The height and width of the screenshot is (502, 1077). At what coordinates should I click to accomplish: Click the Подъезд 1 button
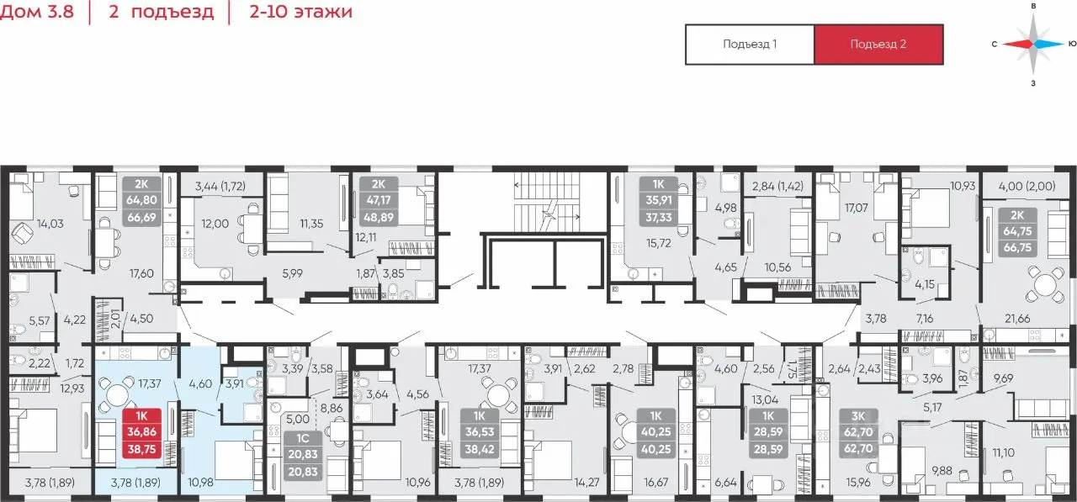pyautogui.click(x=750, y=45)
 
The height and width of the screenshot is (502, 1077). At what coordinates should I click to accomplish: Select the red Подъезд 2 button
pyautogui.click(x=878, y=45)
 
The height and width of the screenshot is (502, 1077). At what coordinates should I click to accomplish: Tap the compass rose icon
pyautogui.click(x=1033, y=45)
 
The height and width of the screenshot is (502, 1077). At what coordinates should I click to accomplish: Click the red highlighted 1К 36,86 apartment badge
pyautogui.click(x=142, y=432)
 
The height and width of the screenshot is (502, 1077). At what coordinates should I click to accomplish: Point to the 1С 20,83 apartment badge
pyautogui.click(x=302, y=454)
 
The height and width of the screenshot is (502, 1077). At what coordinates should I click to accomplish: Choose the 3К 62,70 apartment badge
pyautogui.click(x=858, y=432)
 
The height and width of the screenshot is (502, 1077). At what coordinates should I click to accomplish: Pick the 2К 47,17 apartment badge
pyautogui.click(x=379, y=201)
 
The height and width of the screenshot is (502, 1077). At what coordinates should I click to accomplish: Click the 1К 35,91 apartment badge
pyautogui.click(x=658, y=201)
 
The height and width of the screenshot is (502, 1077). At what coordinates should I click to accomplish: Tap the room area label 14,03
pyautogui.click(x=50, y=224)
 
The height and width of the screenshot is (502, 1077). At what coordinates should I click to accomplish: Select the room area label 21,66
pyautogui.click(x=1017, y=318)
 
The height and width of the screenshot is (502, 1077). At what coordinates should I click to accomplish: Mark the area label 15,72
pyautogui.click(x=658, y=243)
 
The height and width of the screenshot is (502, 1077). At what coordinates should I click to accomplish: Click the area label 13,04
pyautogui.click(x=765, y=399)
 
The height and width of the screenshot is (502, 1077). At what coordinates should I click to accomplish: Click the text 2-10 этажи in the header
pyautogui.click(x=300, y=12)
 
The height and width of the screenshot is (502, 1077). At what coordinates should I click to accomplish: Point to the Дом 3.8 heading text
pyautogui.click(x=37, y=12)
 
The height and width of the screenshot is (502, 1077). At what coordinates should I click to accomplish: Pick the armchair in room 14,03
pyautogui.click(x=22, y=235)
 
